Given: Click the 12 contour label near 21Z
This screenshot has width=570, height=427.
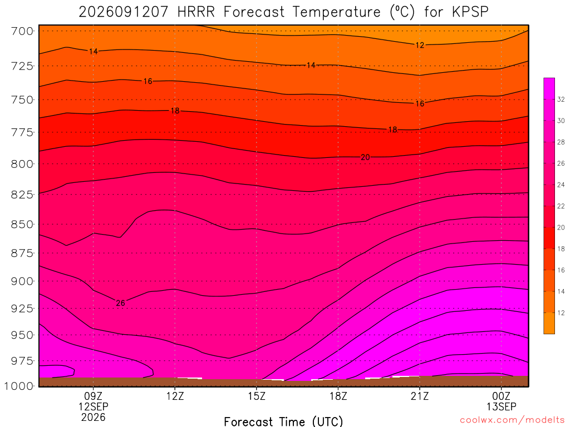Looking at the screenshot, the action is pyautogui.click(x=420, y=45).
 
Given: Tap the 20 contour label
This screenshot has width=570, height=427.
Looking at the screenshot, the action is pyautogui.click(x=365, y=157).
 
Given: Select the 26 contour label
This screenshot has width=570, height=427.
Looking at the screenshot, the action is pyautogui.click(x=120, y=303).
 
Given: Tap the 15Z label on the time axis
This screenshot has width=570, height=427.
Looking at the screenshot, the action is pyautogui.click(x=257, y=396).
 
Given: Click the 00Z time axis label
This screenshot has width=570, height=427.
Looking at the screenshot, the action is pyautogui.click(x=502, y=396).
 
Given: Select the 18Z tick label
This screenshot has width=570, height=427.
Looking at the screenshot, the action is pyautogui.click(x=338, y=396).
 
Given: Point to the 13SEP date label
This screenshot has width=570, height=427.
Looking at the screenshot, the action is pyautogui.click(x=502, y=406).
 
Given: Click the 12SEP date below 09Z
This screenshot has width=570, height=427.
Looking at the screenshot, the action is pyautogui.click(x=94, y=406).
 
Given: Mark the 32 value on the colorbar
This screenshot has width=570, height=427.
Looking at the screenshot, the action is pyautogui.click(x=561, y=100).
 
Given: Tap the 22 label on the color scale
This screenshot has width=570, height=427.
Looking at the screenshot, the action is pyautogui.click(x=561, y=206).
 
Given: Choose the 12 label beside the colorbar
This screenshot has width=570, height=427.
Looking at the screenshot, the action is pyautogui.click(x=561, y=313).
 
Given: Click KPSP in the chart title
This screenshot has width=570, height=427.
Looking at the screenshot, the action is pyautogui.click(x=470, y=12).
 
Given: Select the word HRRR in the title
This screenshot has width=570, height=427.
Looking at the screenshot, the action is pyautogui.click(x=196, y=12).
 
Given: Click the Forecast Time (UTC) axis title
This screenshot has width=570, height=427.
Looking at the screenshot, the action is pyautogui.click(x=283, y=421).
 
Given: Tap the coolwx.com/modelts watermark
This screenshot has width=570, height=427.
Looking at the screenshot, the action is pyautogui.click(x=512, y=420).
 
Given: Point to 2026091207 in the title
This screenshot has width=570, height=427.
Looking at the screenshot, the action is pyautogui.click(x=124, y=12).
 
